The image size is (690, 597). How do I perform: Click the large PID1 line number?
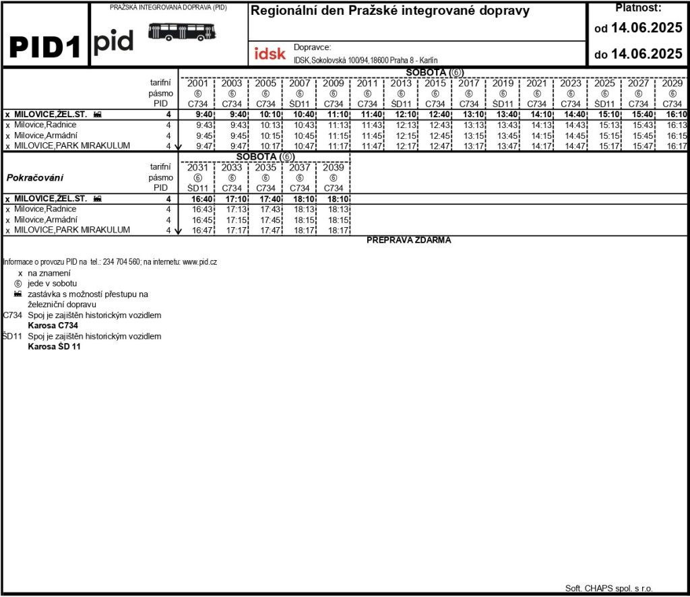click(x=45, y=46)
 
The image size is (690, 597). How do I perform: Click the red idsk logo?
click(x=270, y=54)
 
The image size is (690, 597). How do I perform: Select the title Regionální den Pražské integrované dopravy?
click(x=390, y=11)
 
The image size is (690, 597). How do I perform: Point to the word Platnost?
click(x=638, y=8)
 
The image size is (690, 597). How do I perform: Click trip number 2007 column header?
click(x=299, y=84)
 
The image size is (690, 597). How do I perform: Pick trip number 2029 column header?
click(x=672, y=84)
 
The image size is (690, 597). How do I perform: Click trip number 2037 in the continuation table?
click(x=299, y=168)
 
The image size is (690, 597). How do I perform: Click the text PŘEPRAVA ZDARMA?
click(x=409, y=240)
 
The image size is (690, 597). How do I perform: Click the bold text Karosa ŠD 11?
click(x=54, y=347)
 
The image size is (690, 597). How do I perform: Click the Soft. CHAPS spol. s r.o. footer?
click(x=609, y=588)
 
